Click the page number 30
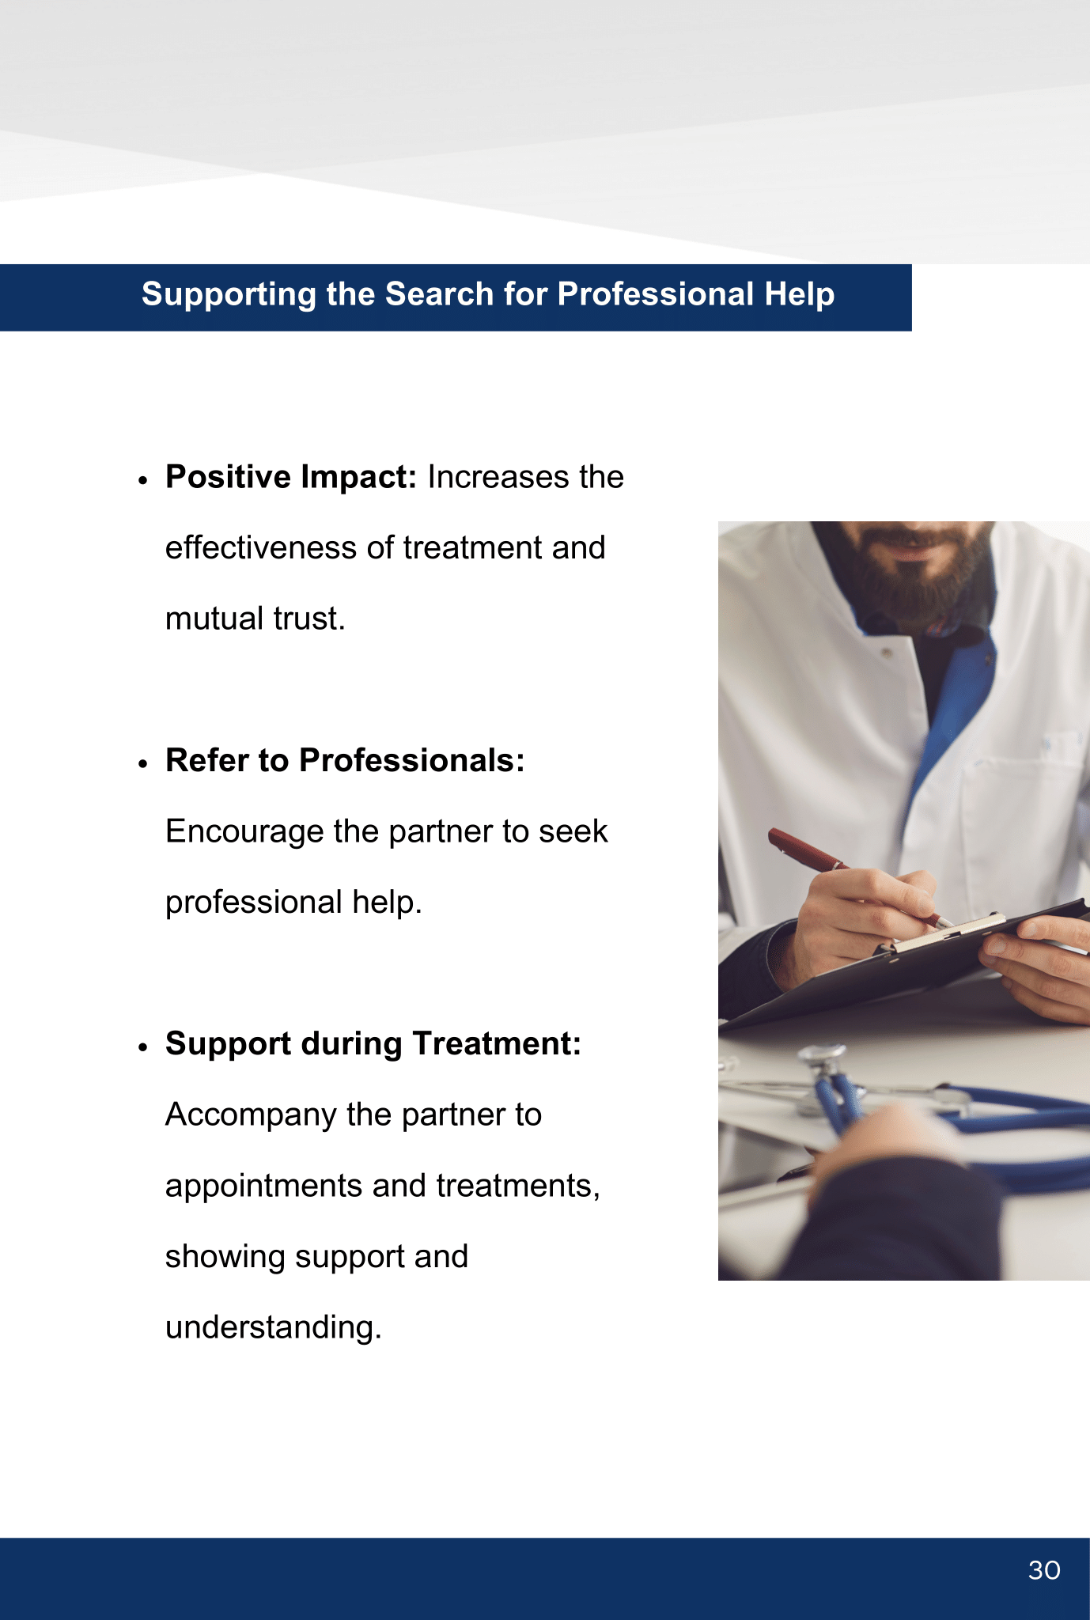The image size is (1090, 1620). point(1044,1570)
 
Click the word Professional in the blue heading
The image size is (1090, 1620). point(656,294)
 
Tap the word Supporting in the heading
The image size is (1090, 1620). point(229,295)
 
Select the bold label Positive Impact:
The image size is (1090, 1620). point(291,478)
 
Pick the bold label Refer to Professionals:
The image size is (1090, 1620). point(345,760)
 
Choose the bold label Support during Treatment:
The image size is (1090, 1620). point(373,1044)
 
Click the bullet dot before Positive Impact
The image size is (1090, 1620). point(142,480)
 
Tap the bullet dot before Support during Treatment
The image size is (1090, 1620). point(142,1047)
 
